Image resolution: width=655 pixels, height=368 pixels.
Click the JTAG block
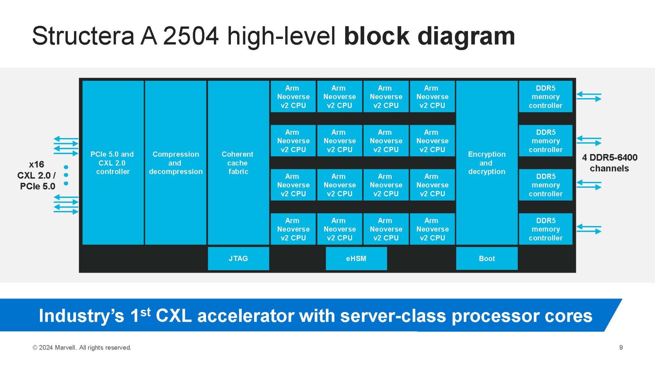click(x=238, y=258)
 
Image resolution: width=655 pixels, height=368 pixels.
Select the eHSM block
click(x=356, y=258)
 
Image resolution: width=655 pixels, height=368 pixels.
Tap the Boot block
click(x=486, y=258)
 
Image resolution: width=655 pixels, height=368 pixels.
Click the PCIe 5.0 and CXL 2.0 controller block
click(x=113, y=163)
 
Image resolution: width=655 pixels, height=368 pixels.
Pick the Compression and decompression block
click(x=175, y=163)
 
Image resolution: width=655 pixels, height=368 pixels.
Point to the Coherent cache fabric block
click(x=238, y=163)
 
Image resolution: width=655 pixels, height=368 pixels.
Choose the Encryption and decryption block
click(x=486, y=163)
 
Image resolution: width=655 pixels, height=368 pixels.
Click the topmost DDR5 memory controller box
click(x=545, y=96)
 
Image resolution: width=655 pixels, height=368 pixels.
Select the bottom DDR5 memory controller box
click(x=545, y=229)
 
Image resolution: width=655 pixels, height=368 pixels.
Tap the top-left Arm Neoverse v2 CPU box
click(x=293, y=96)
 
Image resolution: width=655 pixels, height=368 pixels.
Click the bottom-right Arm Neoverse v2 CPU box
click(x=432, y=229)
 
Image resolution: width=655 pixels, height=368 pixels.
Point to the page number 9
click(x=621, y=347)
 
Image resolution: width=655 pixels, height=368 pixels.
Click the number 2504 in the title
click(x=190, y=36)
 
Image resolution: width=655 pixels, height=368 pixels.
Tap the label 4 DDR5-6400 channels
click(x=609, y=163)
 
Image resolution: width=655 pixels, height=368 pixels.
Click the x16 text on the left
click(x=37, y=164)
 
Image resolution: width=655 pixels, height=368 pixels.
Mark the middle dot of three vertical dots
click(x=66, y=175)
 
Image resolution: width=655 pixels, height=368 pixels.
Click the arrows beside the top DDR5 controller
click(x=589, y=96)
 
